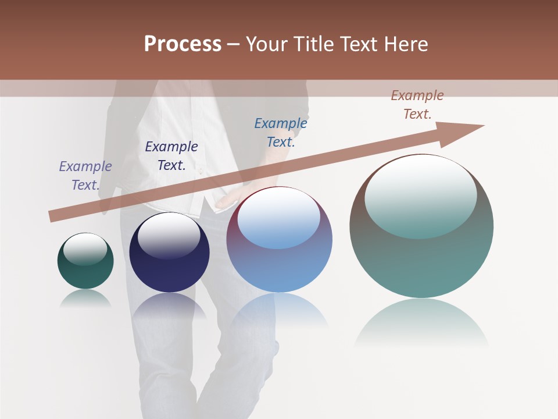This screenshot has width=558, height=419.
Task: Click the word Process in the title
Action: (183, 44)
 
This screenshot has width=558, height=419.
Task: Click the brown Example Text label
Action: (417, 105)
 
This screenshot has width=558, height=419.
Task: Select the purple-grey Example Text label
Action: (85, 176)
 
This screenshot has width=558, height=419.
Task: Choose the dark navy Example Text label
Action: (171, 156)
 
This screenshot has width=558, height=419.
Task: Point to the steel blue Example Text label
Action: (281, 133)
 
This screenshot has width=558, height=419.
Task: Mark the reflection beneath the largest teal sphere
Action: (421, 323)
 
